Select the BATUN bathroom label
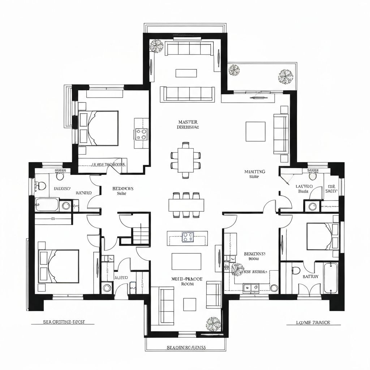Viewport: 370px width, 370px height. tap(311, 276)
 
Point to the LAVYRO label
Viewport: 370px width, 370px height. tap(304, 186)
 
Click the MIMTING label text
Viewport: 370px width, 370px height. tap(254, 172)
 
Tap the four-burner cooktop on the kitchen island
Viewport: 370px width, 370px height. tap(187, 237)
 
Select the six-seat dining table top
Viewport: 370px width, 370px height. tap(186, 205)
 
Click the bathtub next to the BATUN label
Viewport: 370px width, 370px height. tap(331, 278)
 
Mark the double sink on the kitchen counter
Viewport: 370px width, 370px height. tap(251, 287)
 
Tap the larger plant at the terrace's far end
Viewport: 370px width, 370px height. tap(285, 76)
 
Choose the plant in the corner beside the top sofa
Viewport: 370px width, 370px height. tap(157, 46)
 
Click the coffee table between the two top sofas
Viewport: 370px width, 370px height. tap(186, 73)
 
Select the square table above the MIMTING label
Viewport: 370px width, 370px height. tap(255, 132)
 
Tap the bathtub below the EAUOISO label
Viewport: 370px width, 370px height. tap(47, 205)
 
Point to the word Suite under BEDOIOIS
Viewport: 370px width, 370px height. tap(121, 194)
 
